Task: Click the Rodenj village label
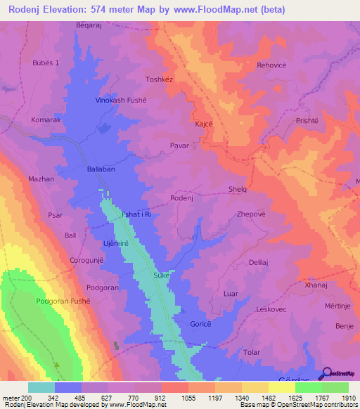point(181,198)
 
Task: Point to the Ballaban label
point(101,169)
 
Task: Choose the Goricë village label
point(201,324)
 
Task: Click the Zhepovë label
point(251,214)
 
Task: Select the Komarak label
point(46,120)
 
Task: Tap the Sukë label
point(162,276)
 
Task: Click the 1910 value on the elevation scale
point(348,397)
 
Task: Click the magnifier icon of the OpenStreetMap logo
point(324,374)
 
